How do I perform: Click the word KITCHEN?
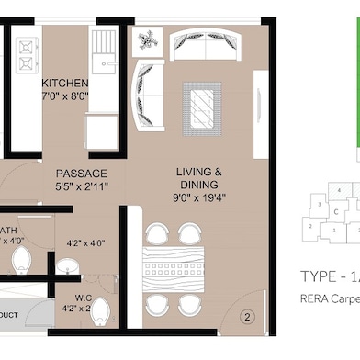pos(65,82)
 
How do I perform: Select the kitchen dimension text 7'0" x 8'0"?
pos(65,95)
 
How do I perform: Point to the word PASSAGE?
pos(81,174)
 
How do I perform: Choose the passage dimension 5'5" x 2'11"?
pos(81,187)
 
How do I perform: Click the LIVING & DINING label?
pos(198,177)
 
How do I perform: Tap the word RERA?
pos(316,298)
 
